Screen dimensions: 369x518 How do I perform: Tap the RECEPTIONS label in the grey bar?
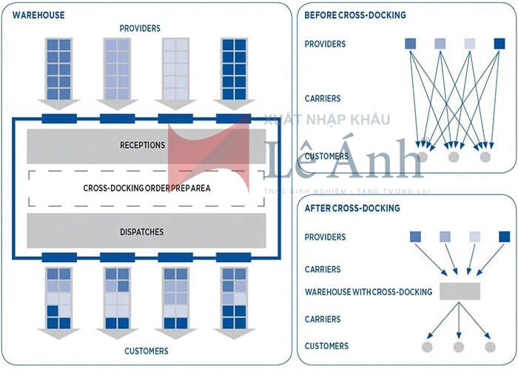[142, 145]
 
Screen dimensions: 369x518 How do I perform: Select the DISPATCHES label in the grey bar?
[142, 231]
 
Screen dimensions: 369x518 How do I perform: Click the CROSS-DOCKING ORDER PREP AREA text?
[147, 188]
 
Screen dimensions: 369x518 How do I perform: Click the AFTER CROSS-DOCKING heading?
[352, 209]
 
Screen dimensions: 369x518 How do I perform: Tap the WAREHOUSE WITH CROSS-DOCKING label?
[369, 292]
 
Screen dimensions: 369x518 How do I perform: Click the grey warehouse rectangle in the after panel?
[460, 291]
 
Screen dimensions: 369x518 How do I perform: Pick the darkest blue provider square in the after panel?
[504, 237]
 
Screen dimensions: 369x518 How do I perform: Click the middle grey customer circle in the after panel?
[458, 347]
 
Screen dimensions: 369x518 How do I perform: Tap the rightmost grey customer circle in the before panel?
[485, 157]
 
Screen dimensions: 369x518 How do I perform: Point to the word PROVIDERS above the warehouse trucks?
[140, 28]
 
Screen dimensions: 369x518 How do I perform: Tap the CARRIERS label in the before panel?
[323, 98]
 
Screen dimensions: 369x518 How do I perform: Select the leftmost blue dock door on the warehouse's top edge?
[59, 118]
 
